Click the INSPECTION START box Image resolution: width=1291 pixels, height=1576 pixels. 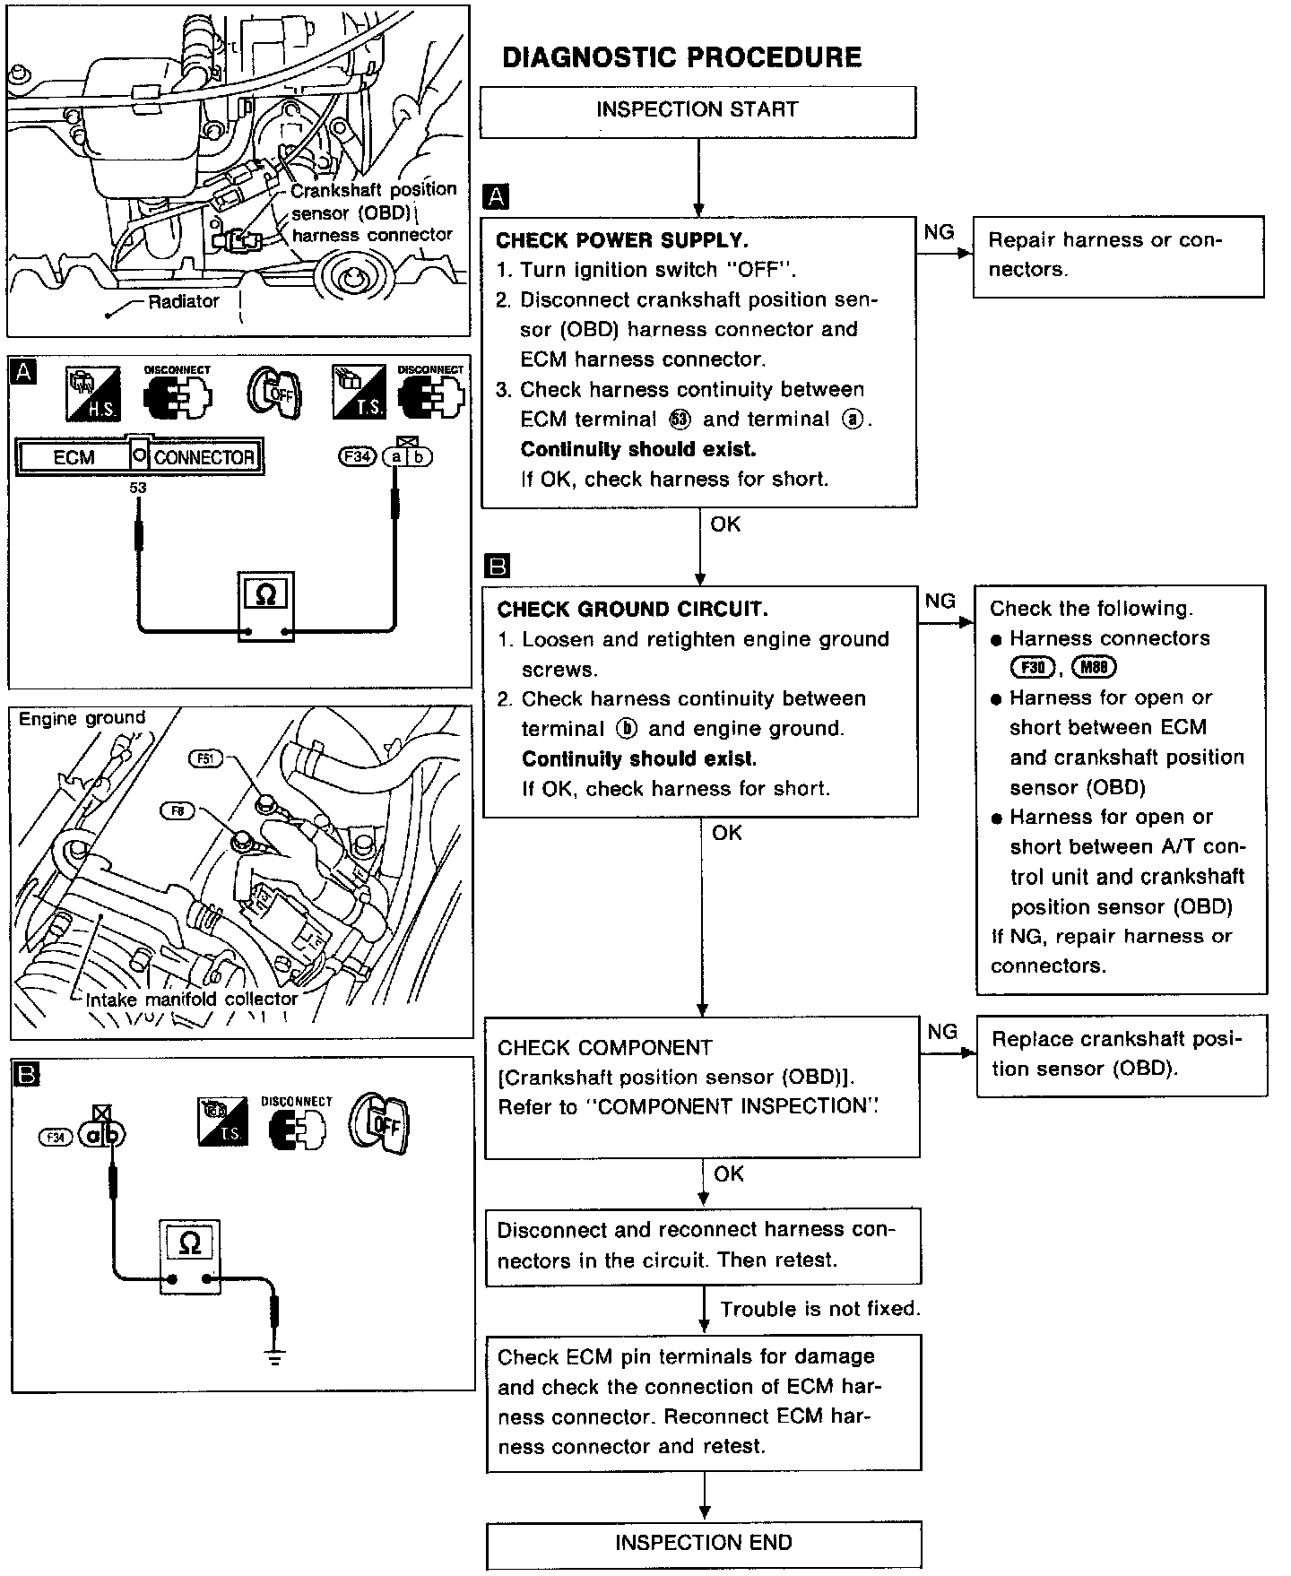click(697, 111)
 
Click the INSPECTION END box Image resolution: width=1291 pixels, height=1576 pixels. click(704, 1543)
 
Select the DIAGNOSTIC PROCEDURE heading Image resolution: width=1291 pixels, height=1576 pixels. click(681, 58)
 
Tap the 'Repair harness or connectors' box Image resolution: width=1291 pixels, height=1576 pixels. click(1118, 255)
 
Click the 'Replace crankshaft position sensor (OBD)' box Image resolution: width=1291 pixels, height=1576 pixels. click(1121, 1054)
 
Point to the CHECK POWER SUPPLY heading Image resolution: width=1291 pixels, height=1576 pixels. click(622, 240)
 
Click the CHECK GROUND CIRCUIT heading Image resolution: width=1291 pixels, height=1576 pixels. click(632, 610)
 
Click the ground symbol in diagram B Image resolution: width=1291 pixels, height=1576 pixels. click(275, 1356)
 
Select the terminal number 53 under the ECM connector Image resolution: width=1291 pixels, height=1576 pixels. click(137, 489)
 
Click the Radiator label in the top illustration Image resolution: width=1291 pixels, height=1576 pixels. click(183, 302)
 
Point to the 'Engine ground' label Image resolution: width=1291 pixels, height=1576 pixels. click(82, 718)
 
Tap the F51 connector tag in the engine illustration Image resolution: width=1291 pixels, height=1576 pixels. click(205, 758)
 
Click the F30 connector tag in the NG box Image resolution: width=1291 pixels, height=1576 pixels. click(1033, 667)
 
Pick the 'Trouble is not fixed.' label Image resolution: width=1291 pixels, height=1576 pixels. click(820, 1309)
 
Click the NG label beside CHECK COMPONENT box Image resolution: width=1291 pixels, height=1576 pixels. click(942, 1032)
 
